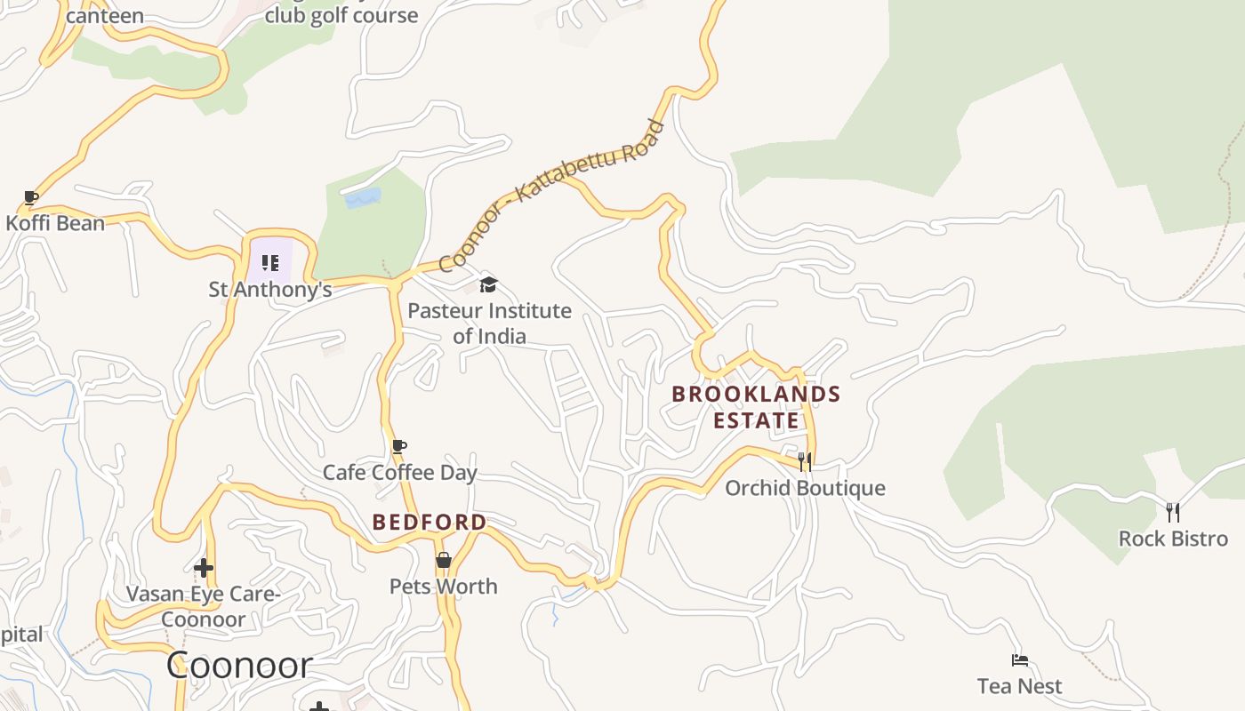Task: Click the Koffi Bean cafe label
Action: point(55,223)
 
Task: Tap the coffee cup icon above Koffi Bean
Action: point(31,197)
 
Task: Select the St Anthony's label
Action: point(270,290)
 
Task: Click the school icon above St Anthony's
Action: point(270,263)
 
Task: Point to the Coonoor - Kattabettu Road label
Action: point(551,196)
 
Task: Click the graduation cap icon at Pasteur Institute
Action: point(488,284)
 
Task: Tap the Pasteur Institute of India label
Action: point(489,324)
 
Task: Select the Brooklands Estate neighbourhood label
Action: point(756,407)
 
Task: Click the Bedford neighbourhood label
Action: point(430,523)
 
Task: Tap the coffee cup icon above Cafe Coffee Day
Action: point(399,446)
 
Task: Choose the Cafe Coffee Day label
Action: point(400,473)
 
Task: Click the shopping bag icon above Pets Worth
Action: point(444,560)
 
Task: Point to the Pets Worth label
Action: point(444,587)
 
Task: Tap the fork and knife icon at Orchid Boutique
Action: point(805,461)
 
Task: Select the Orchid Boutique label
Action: point(805,488)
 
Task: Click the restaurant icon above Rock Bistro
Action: point(1173,512)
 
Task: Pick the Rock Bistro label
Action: point(1173,539)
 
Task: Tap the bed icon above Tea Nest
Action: point(1020,660)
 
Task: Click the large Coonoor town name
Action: point(240,666)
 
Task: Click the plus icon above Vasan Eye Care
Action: point(204,567)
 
